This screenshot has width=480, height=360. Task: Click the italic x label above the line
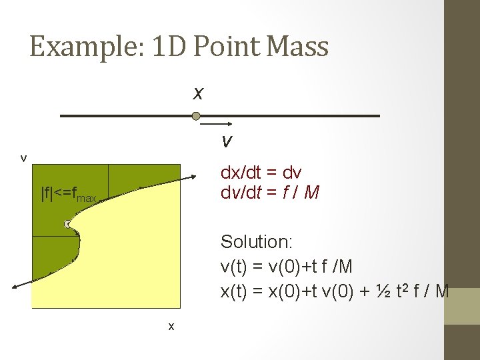point(198,93)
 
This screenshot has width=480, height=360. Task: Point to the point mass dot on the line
point(196,117)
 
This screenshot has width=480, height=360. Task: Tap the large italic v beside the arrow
point(227,141)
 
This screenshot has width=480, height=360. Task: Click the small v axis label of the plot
point(24,158)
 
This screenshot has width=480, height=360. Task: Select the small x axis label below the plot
point(171,326)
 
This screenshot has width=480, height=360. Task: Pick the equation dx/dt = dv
point(261,173)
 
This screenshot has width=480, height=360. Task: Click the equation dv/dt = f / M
point(270,193)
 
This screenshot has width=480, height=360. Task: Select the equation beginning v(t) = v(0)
point(286,266)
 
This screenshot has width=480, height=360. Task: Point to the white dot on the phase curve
point(68,224)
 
